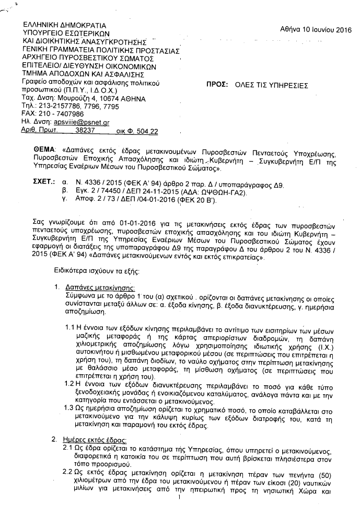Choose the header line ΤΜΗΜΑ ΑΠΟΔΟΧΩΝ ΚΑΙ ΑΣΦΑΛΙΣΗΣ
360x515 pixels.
click(74, 74)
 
